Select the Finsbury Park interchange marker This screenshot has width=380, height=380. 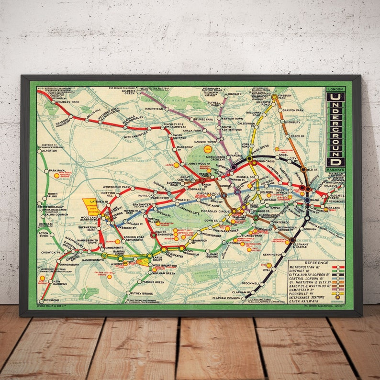[274, 97]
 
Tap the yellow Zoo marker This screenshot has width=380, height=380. [207, 150]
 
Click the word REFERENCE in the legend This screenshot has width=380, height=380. [316, 263]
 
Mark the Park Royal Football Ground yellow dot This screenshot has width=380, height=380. [56, 176]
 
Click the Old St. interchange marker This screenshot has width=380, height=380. [303, 169]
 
